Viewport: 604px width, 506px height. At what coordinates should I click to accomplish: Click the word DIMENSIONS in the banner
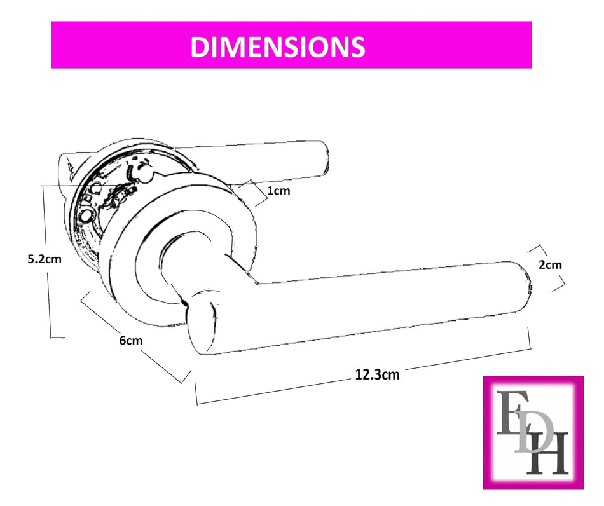click(x=277, y=46)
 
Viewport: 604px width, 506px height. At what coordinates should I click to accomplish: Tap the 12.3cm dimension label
click(x=377, y=374)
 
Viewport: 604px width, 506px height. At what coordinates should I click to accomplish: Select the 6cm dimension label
click(x=131, y=341)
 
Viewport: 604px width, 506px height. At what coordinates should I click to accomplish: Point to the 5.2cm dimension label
click(x=45, y=259)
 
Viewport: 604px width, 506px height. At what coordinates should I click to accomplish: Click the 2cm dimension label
click(x=550, y=264)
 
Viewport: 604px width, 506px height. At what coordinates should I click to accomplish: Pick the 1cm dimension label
click(x=278, y=190)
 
